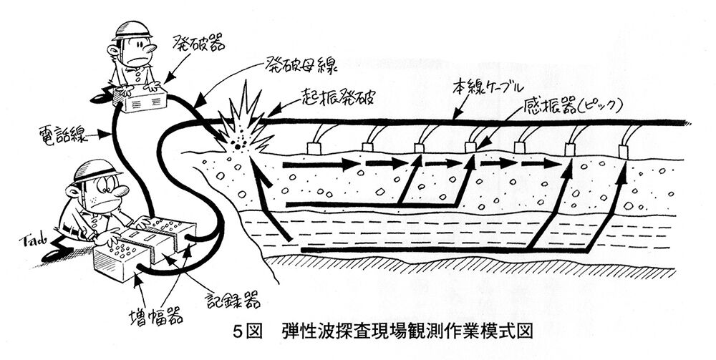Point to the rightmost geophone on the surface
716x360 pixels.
624,151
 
